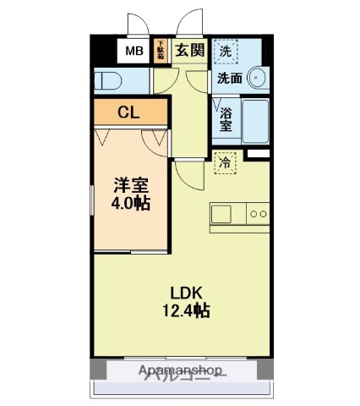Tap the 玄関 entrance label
190,50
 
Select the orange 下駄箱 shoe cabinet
160,51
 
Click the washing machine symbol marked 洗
226,52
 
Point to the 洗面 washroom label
229,79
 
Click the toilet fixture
107,80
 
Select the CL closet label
129,111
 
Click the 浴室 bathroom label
226,119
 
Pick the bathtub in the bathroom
255,121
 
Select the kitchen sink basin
221,214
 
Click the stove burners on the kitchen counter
259,214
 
